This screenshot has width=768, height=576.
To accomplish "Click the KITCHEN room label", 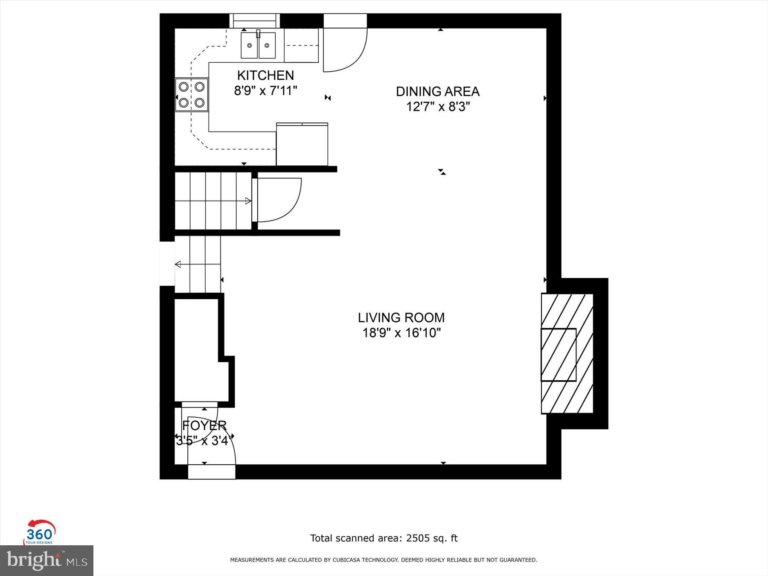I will click(265, 76).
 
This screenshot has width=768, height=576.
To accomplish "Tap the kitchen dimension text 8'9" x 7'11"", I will click(265, 91).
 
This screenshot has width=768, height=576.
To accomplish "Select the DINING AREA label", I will click(437, 92).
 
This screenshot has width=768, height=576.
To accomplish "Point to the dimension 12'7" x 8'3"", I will click(437, 107).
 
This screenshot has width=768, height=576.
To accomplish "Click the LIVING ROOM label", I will click(401, 318).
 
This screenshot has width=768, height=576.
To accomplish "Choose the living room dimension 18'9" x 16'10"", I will click(401, 333).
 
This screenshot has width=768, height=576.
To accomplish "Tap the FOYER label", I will click(204, 425).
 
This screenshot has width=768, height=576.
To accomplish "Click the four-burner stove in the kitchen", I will click(192, 95).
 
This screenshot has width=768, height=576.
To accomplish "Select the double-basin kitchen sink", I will click(258, 45).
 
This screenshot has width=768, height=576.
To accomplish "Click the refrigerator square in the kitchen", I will click(302, 144).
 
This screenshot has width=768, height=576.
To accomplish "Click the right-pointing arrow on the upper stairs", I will click(248, 201).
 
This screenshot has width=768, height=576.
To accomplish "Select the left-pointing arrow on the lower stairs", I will click(178, 265).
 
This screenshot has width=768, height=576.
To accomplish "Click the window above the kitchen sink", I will click(255, 20).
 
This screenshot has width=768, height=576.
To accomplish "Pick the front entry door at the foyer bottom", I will click(212, 472).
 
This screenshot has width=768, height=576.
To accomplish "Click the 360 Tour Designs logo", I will click(39, 533).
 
